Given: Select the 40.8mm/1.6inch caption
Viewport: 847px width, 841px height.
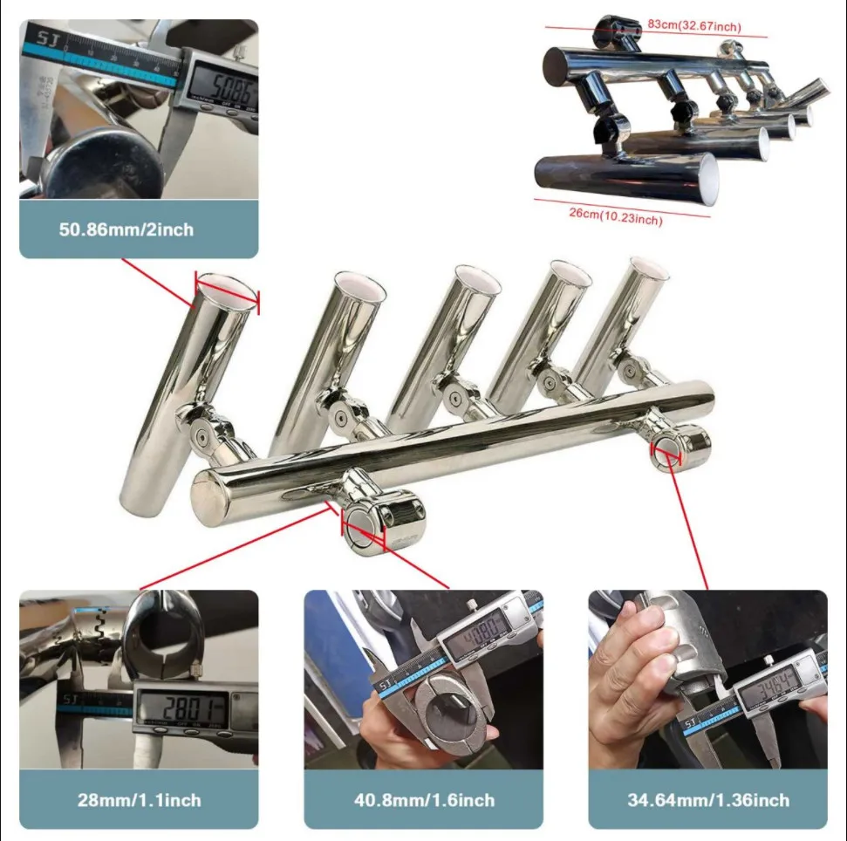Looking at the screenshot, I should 423,800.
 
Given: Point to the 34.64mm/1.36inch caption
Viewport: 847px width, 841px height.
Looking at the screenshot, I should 707,800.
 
